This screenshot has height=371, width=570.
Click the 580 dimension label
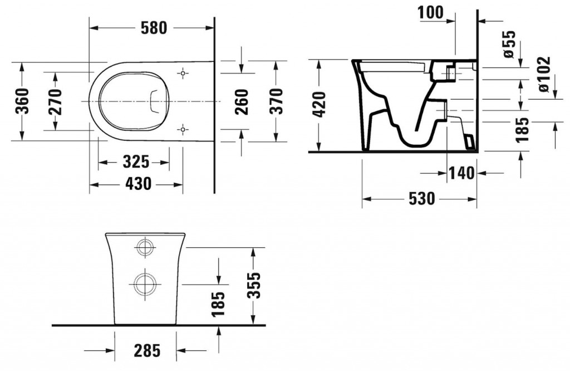tap(154, 28)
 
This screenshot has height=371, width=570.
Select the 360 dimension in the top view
tap(22, 101)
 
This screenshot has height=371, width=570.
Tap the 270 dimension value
tap(55, 101)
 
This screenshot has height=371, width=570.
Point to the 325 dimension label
tap(136, 162)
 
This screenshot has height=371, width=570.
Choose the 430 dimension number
tap(138, 184)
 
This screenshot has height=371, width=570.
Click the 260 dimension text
tap(242, 101)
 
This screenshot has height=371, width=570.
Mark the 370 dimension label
tap(276, 101)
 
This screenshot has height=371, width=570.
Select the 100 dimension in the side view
tap(431, 12)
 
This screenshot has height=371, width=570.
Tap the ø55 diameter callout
tap(509, 44)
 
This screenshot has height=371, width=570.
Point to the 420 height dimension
tap(320, 105)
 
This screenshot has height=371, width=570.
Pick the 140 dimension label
tap(461, 173)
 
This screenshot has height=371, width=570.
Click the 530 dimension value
tap(422, 199)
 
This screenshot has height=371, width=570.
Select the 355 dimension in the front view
tap(255, 285)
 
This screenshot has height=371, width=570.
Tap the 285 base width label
tap(147, 350)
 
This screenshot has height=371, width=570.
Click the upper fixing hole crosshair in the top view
tap(183, 74)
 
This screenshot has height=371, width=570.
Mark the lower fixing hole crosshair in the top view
tap(183, 129)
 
